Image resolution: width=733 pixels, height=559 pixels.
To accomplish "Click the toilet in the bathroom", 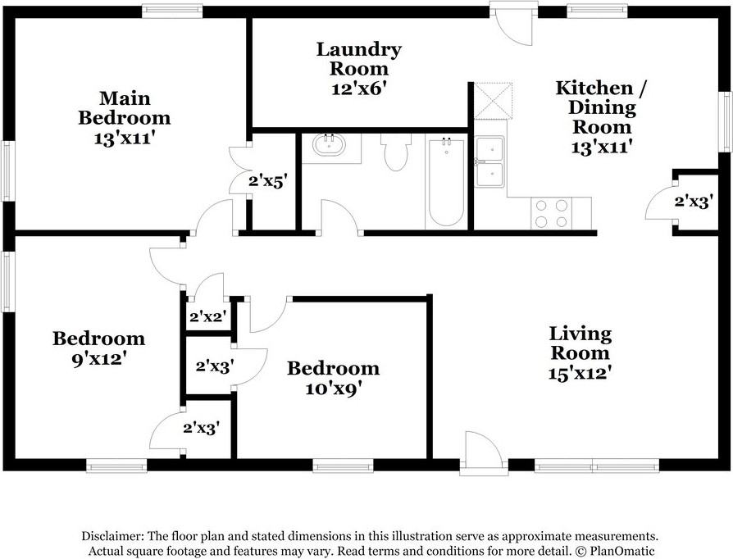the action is [395, 152].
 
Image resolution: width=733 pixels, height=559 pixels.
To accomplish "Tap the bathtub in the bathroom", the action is [447, 182].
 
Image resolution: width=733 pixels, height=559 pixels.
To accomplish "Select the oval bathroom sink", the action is [329, 145].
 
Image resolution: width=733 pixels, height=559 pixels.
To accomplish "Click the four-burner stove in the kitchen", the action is [552, 213].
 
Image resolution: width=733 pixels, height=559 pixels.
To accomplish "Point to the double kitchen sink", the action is [490, 161].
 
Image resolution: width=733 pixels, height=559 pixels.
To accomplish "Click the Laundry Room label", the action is [358, 59].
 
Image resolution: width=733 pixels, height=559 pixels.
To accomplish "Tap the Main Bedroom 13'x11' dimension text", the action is [125, 139].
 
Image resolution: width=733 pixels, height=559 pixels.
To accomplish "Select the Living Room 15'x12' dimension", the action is [580, 373].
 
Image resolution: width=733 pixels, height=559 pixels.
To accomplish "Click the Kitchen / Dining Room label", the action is [602, 107].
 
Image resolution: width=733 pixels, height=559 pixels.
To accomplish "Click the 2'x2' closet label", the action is [208, 317].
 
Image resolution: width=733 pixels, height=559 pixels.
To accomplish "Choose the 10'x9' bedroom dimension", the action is [334, 389].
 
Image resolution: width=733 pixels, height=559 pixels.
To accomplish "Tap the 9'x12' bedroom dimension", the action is [99, 359].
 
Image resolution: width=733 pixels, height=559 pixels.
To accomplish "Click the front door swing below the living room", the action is [484, 451].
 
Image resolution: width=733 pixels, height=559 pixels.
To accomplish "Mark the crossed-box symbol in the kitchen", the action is [494, 101].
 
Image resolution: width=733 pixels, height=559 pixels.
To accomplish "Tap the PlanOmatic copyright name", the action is [622, 551].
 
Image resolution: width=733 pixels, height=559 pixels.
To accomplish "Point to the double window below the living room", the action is [597, 466].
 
